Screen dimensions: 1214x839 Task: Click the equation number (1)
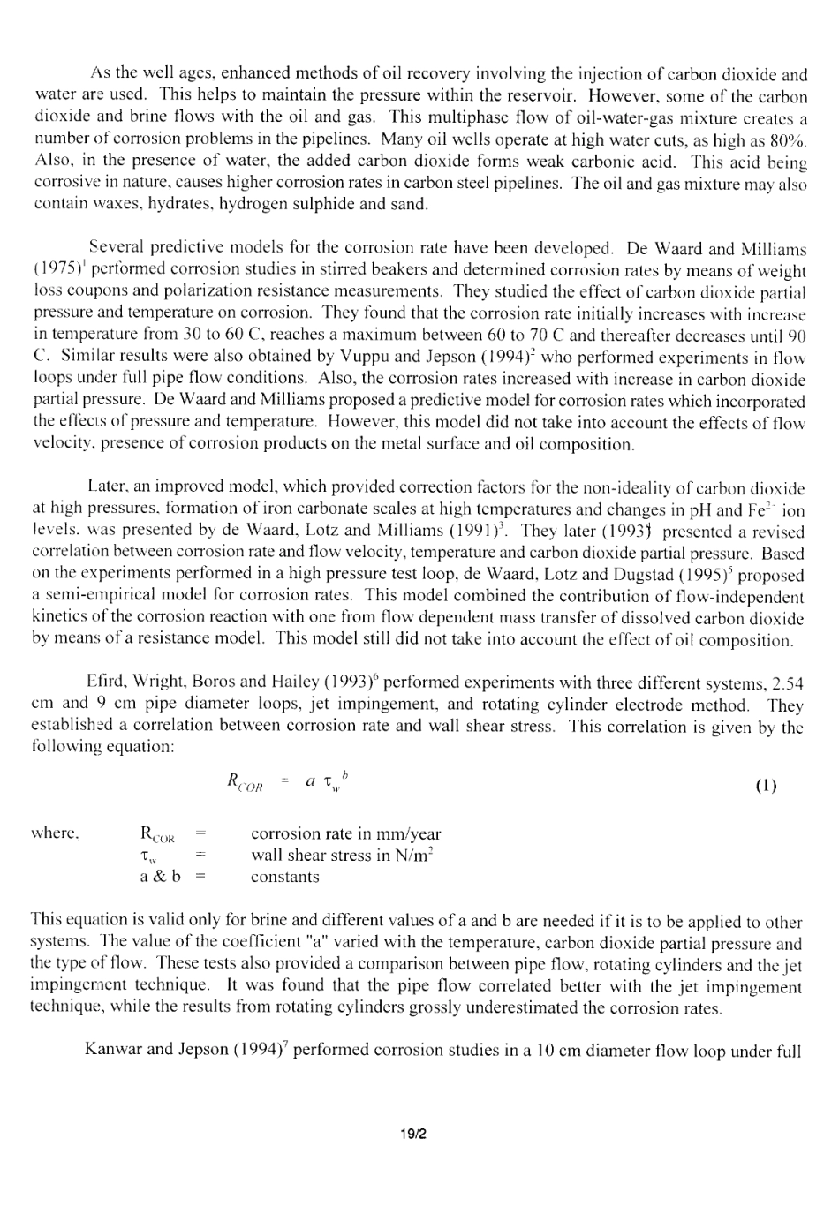click(x=767, y=785)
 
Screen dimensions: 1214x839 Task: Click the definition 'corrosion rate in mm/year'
click(x=345, y=833)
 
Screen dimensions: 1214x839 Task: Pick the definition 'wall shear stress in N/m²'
click(x=343, y=855)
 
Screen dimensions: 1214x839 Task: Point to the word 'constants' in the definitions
click(x=284, y=877)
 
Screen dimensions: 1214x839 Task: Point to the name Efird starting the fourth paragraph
click(x=103, y=683)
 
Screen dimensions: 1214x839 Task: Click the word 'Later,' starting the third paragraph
click(x=106, y=487)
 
